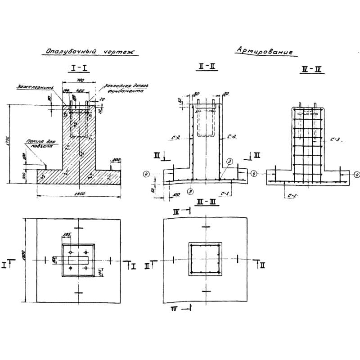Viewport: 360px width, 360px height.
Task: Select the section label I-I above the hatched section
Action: [80, 68]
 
